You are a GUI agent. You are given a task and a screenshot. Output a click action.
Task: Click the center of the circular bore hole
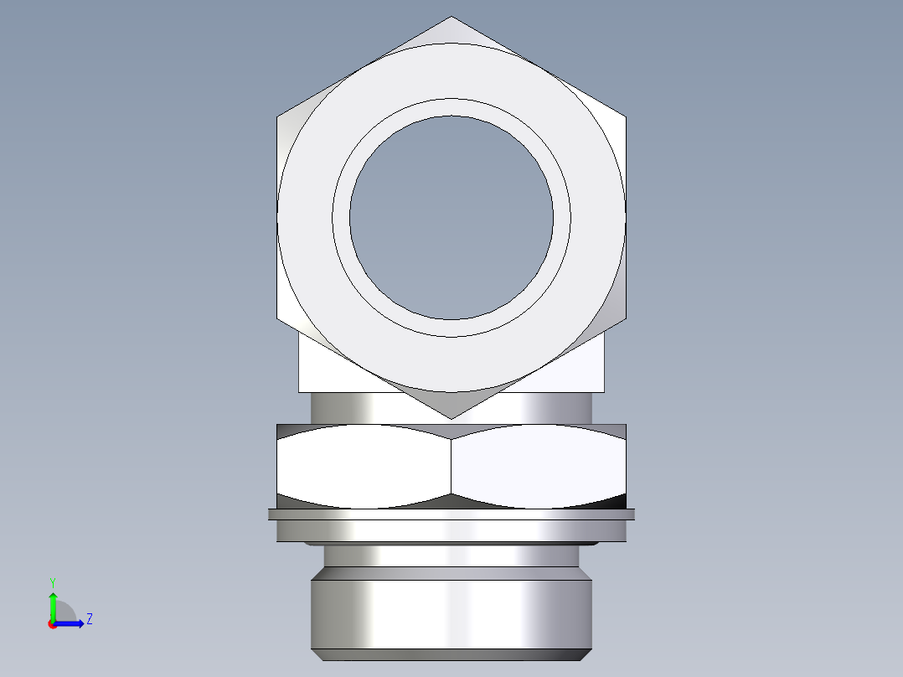coord(451,218)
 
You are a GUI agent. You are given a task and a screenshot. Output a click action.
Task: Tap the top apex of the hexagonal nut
coord(451,18)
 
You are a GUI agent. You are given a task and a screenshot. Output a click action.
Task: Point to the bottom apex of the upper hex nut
coord(451,417)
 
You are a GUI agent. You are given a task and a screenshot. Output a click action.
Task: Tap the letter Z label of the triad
coord(89,619)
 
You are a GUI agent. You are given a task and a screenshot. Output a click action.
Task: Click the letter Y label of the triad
coord(53,581)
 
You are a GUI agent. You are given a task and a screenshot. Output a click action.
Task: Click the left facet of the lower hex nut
coord(364,466)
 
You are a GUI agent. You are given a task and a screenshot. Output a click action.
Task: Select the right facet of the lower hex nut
coord(538,466)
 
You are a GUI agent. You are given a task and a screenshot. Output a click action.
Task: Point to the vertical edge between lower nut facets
coord(451,466)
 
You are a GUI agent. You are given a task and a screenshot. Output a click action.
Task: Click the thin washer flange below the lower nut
coord(451,514)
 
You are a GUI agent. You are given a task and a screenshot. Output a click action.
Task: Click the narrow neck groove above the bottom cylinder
coord(451,556)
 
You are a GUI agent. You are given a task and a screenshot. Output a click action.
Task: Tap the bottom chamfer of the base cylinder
coord(451,654)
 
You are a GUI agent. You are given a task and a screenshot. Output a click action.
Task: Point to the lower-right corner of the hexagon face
coord(625,318)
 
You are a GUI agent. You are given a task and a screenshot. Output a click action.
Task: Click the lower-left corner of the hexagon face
coord(278,318)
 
